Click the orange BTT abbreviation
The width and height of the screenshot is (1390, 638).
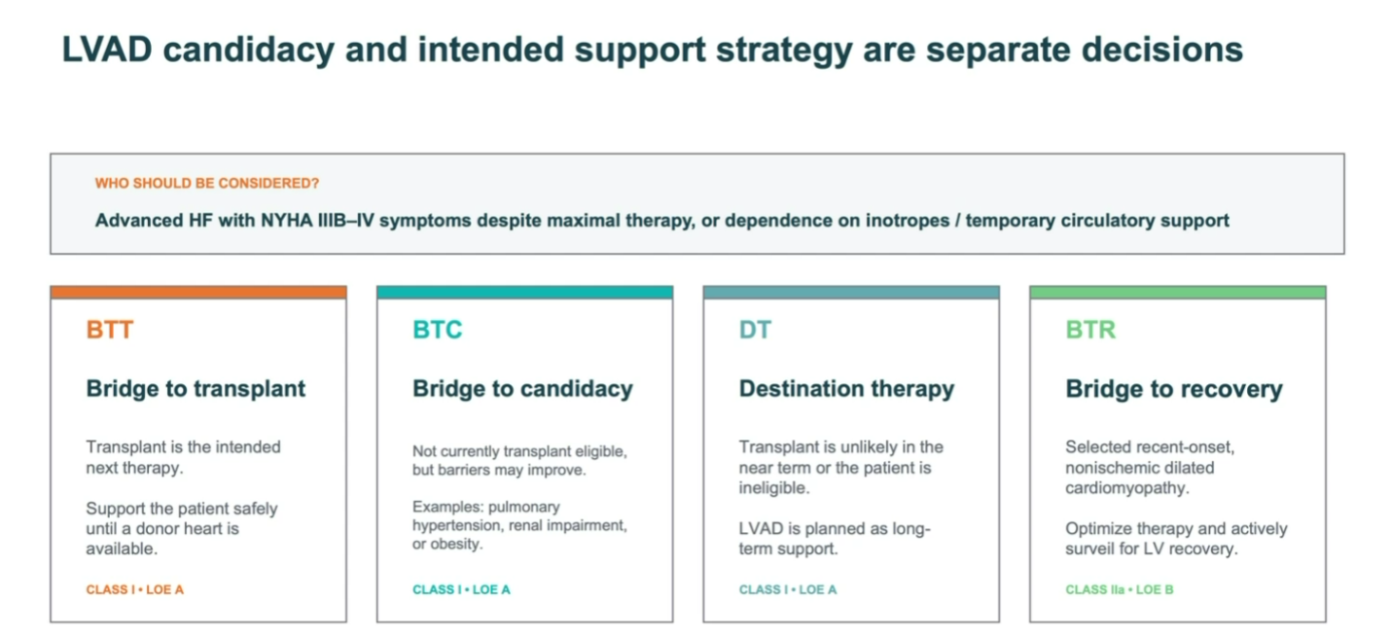(110, 330)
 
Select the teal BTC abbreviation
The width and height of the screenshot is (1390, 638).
(438, 330)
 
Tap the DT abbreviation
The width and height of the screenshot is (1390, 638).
(755, 330)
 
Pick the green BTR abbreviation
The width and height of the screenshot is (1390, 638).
(1090, 330)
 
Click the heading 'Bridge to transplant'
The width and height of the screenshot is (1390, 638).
(196, 388)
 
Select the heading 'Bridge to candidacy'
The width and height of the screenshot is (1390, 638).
(522, 389)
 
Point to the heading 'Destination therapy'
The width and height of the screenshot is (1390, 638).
(846, 389)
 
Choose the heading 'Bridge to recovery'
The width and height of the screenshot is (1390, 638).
(1174, 389)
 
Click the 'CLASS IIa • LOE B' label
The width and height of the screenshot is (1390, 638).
(1120, 589)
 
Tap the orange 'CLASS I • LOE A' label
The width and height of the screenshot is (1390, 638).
(134, 589)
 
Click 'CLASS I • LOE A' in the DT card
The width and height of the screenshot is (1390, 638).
(788, 589)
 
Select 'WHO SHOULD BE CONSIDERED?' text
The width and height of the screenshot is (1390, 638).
(206, 183)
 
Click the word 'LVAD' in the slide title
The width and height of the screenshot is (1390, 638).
(107, 50)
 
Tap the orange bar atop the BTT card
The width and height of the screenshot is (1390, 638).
(198, 293)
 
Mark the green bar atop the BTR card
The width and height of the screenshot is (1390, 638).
(1178, 293)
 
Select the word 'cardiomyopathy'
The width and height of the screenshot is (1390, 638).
(1126, 488)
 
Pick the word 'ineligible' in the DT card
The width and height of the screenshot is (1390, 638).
(772, 488)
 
